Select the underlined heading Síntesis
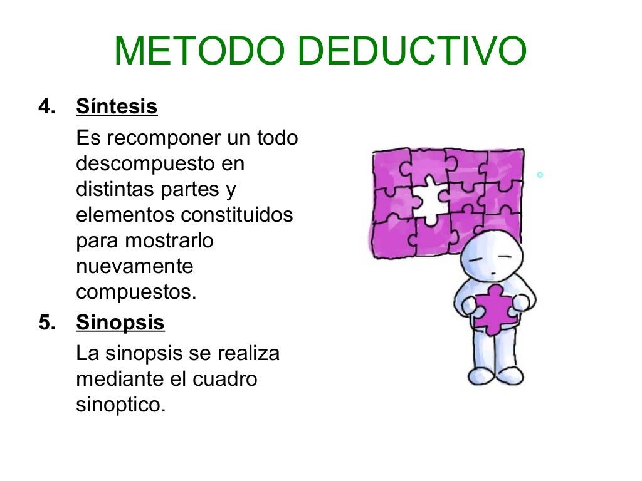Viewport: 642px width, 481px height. point(117,107)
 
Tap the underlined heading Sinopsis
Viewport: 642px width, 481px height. point(120,323)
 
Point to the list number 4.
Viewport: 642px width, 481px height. point(46,107)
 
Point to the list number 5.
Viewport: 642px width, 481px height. point(46,323)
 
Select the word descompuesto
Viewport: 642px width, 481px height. point(142,164)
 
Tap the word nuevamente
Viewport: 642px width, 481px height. point(135,266)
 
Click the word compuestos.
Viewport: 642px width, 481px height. point(136,292)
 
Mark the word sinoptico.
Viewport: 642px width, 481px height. point(120,405)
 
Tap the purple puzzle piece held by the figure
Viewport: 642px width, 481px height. point(494,309)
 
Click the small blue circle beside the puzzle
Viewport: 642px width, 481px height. point(540,175)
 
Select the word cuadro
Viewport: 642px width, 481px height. point(225,380)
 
